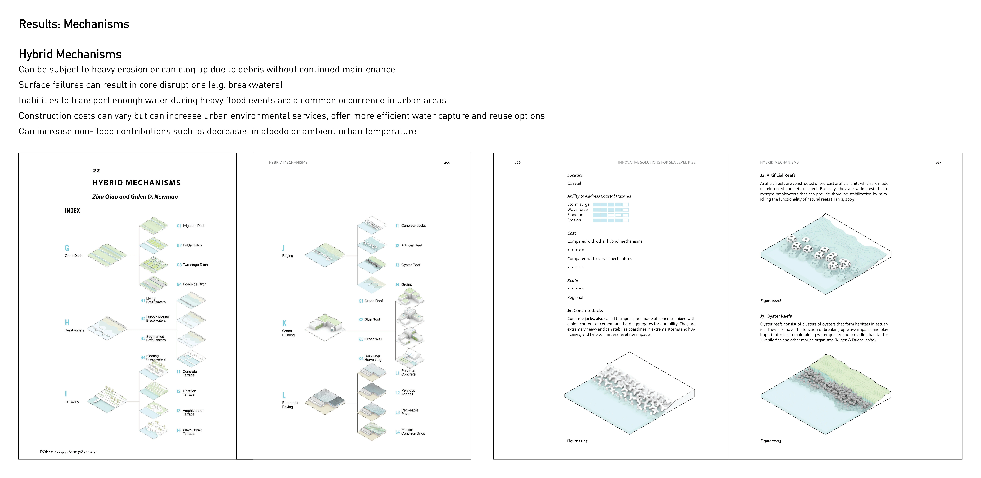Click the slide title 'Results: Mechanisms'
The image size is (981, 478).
point(74,24)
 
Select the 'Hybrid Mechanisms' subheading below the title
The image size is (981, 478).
point(70,54)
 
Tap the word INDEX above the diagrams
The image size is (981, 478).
point(72,211)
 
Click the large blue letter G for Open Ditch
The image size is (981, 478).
point(67,248)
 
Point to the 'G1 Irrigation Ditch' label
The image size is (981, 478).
point(191,226)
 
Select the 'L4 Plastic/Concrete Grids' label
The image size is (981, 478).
point(411,432)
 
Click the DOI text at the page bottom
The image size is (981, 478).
point(69,452)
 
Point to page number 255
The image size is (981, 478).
point(447,163)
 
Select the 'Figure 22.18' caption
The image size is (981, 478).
point(771,301)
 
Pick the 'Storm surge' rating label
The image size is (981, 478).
point(578,204)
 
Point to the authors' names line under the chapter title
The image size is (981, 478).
point(135,197)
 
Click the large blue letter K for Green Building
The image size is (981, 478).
point(284,323)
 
